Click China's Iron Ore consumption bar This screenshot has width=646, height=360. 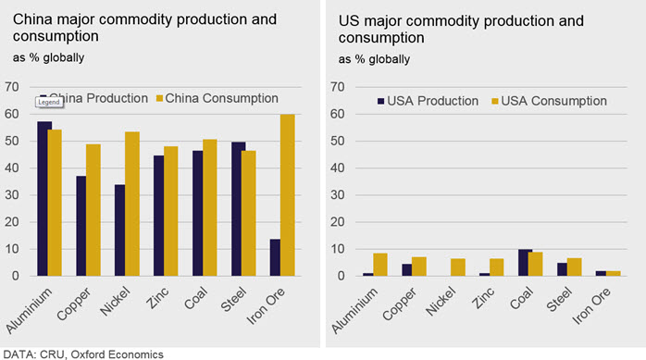pos(288,195)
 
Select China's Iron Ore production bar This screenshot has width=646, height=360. pos(275,257)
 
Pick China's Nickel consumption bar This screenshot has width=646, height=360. pos(132,204)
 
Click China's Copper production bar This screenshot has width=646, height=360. pos(81,226)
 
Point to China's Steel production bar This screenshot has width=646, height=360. pos(237,209)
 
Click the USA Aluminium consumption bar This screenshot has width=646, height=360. pos(380,265)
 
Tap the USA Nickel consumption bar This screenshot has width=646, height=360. pos(458,267)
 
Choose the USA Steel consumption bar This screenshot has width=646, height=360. pos(575,267)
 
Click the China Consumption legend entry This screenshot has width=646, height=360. pos(217,98)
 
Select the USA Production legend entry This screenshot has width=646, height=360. pos(429,101)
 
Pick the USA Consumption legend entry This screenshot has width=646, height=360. pos(549,101)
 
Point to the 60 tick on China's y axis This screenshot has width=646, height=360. pos(12,114)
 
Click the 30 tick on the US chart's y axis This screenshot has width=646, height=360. pos(338,195)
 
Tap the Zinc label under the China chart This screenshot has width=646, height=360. pos(157,298)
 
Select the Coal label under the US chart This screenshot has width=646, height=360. pos(522,298)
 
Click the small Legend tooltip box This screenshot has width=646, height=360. pos(49,102)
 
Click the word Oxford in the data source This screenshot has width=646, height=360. pos(91,354)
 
